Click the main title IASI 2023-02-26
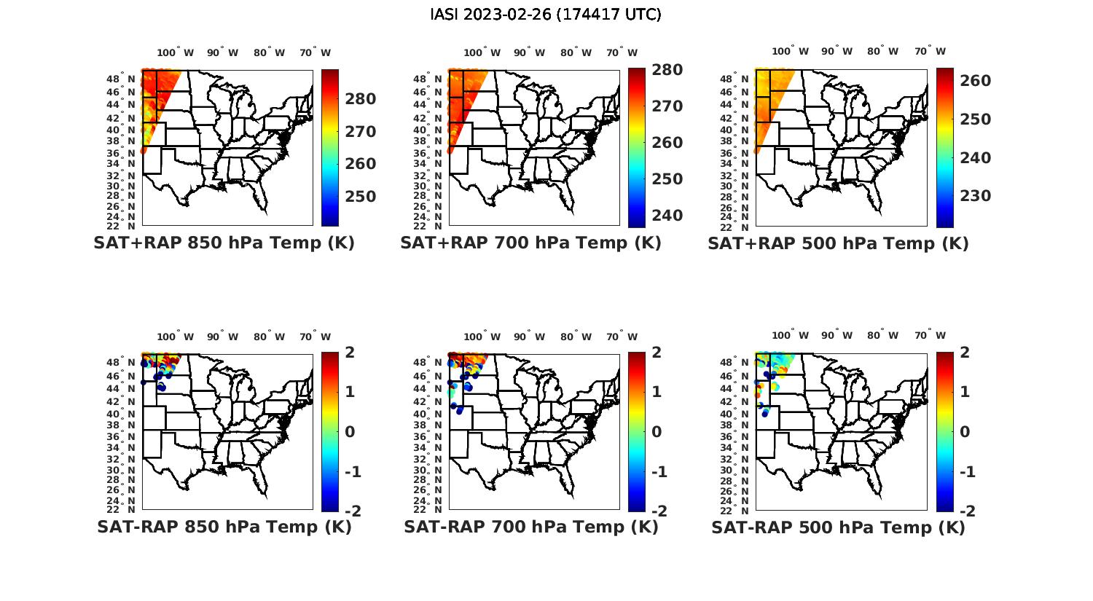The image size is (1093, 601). [546, 15]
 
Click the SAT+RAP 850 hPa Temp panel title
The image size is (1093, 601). [224, 243]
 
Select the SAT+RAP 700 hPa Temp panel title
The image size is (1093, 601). [530, 243]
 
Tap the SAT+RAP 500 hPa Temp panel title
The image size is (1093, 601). [838, 243]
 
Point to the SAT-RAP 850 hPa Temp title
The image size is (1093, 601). [224, 527]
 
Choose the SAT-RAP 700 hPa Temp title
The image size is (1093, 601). [530, 527]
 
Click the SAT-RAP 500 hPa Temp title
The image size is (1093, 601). [838, 527]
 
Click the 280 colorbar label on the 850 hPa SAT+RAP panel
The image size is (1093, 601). [361, 99]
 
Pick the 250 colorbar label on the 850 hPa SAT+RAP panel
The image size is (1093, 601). [361, 197]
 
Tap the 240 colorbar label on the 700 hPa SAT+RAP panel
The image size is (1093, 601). [668, 216]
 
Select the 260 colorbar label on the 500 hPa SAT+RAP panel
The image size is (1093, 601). [976, 81]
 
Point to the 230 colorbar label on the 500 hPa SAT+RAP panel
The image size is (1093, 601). [976, 196]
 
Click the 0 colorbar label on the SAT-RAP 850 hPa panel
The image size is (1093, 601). [350, 432]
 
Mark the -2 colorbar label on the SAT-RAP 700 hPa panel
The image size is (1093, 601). [658, 511]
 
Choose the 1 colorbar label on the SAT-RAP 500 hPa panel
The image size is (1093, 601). [965, 392]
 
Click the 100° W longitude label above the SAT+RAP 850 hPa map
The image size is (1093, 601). [175, 52]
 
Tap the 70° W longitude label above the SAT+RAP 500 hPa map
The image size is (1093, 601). [930, 51]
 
